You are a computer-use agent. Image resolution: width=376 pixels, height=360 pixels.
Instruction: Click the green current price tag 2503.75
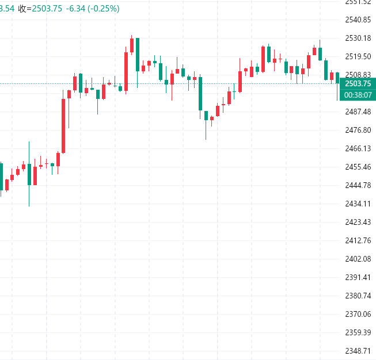click(357, 84)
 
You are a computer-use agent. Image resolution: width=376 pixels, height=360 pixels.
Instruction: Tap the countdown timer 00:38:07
click(357, 95)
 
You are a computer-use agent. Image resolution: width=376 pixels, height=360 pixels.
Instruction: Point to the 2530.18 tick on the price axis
click(357, 39)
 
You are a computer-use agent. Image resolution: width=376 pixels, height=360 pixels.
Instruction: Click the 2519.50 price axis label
click(357, 56)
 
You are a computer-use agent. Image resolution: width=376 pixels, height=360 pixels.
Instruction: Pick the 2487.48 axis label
click(357, 112)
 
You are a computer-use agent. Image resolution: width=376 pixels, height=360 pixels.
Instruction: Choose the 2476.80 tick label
click(357, 130)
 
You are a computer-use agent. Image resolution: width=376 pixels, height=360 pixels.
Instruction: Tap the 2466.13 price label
click(357, 148)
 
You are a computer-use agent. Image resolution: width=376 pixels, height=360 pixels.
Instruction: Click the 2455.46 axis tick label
click(357, 167)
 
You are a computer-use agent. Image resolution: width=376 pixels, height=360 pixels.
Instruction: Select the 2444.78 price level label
click(357, 185)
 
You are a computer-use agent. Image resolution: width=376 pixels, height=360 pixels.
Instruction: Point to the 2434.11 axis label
click(357, 204)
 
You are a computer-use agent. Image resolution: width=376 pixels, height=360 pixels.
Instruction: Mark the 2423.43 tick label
click(357, 222)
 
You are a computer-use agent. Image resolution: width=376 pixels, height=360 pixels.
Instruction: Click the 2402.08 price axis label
click(357, 259)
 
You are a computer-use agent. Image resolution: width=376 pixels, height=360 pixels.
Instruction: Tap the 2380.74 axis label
click(357, 296)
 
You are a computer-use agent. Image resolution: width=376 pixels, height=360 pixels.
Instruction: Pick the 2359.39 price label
click(357, 332)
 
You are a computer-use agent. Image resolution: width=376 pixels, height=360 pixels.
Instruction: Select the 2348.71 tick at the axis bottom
click(357, 351)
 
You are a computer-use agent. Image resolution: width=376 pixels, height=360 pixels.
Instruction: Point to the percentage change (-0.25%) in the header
click(103, 9)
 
